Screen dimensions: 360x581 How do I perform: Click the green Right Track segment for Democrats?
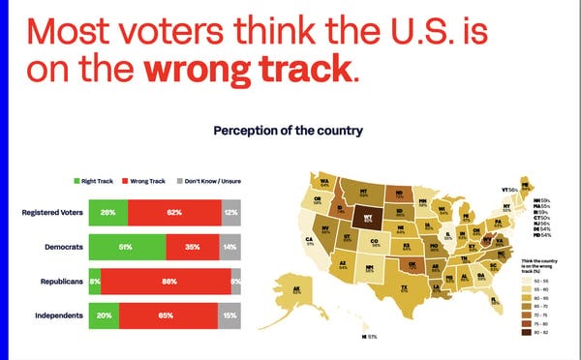[127, 248]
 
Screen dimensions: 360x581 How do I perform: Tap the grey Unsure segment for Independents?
[229, 316]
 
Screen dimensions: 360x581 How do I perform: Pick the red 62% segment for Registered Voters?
[174, 213]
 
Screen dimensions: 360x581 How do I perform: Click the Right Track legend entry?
[94, 181]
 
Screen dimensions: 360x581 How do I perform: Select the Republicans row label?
[54, 283]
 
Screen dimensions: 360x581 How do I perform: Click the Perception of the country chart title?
[274, 128]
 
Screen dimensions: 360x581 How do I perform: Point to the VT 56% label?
[509, 190]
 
